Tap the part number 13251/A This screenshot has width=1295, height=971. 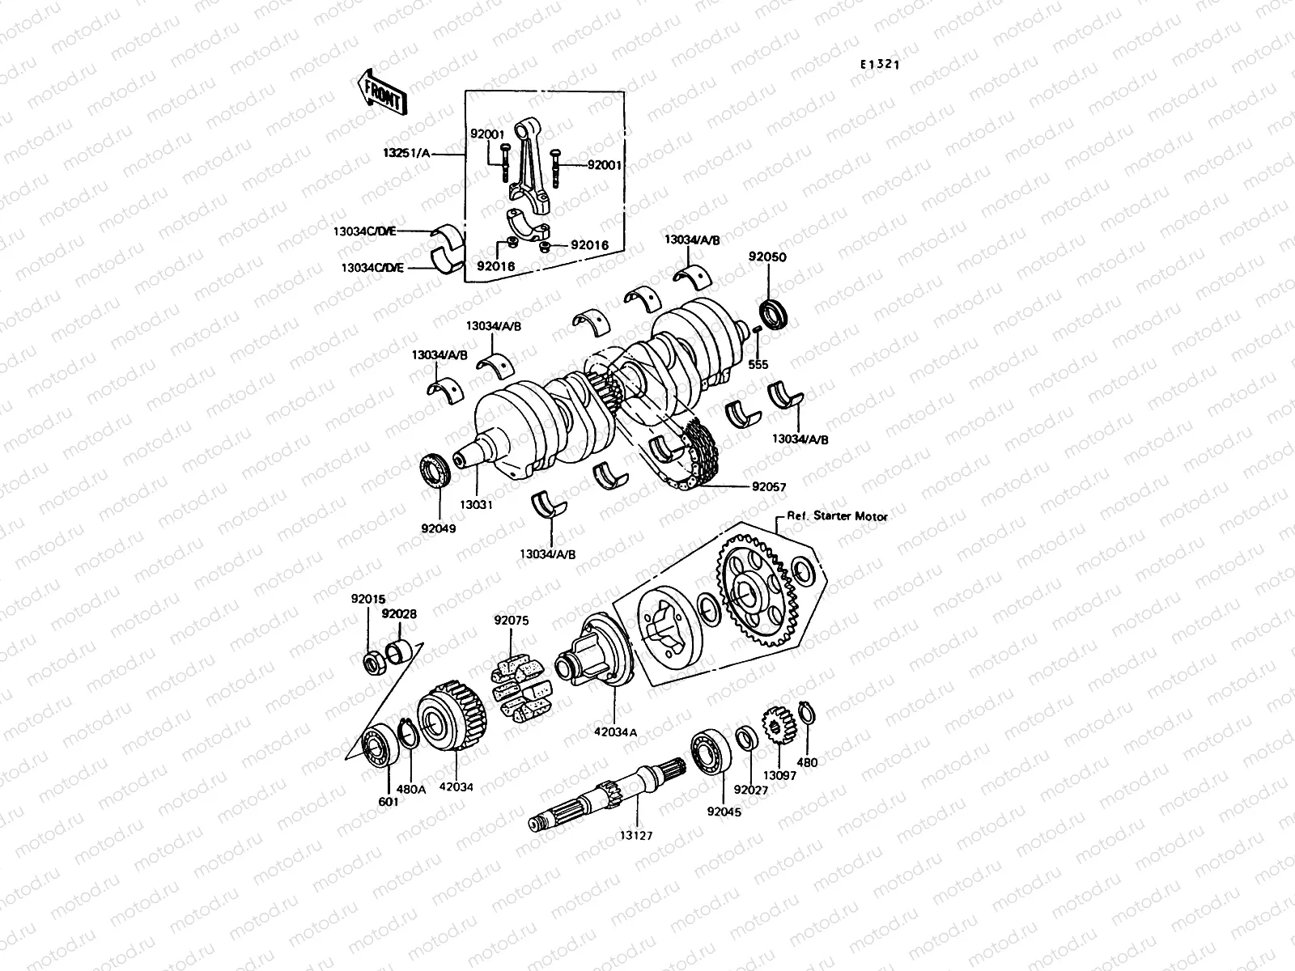[x=430, y=152]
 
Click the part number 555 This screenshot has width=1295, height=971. [x=758, y=366]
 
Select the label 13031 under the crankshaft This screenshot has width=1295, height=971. [x=478, y=504]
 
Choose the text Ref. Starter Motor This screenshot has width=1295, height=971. [x=837, y=516]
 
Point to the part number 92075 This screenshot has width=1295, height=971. [x=511, y=621]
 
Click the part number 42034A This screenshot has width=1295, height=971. [x=618, y=731]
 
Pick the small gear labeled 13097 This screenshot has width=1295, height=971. [x=776, y=727]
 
